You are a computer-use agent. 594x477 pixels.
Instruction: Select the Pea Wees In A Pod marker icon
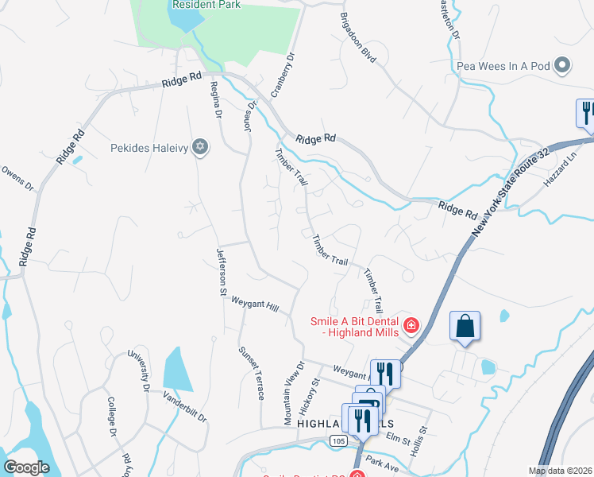[563, 66]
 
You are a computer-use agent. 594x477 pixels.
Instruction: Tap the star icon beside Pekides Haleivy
[200, 147]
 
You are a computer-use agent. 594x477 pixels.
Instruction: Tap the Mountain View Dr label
[295, 393]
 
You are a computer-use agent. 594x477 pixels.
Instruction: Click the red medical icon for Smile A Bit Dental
[411, 324]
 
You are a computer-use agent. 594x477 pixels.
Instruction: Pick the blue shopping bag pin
[465, 327]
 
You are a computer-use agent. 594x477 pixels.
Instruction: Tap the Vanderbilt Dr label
[185, 406]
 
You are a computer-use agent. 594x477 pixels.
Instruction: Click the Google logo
[26, 467]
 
